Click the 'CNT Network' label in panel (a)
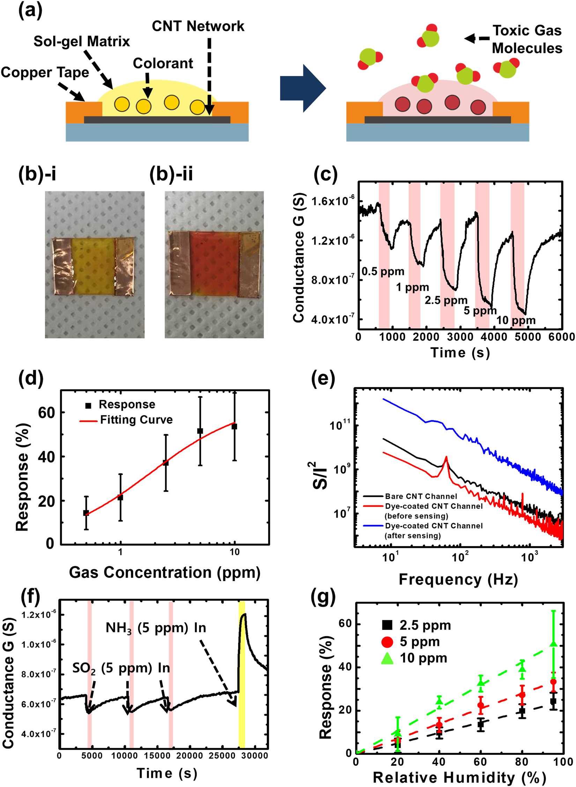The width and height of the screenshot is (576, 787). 198,26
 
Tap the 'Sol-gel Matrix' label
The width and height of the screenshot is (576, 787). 81,42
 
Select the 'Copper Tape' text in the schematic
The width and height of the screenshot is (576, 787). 45,73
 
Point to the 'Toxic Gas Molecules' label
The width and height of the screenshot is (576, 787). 527,39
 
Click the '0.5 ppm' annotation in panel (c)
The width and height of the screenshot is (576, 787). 383,271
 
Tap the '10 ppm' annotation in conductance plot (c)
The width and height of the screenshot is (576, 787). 516,320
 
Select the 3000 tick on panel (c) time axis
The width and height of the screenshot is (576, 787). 460,337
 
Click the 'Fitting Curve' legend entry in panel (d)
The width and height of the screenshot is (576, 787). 136,420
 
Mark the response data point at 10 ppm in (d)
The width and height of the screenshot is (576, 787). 234,426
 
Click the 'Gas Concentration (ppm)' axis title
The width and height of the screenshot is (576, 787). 164,572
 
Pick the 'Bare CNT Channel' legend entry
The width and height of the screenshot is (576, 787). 421,496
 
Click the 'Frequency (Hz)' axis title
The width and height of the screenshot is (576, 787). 458,579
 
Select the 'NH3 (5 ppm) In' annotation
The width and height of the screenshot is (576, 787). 156,628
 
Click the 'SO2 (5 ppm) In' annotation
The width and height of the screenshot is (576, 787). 121,668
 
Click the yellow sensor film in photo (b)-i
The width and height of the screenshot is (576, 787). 93,266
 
